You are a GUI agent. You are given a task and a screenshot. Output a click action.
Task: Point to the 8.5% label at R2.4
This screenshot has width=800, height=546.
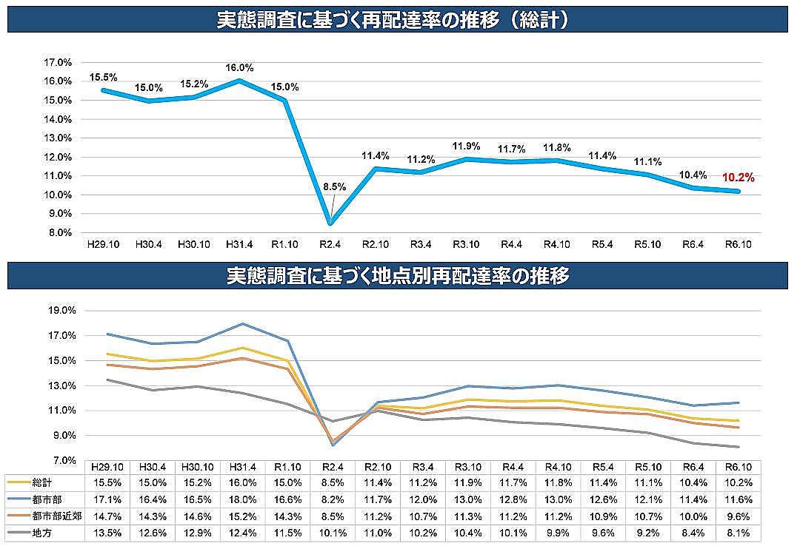tap(335, 187)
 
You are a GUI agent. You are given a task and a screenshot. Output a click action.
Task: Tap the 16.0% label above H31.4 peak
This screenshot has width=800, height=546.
tap(239, 67)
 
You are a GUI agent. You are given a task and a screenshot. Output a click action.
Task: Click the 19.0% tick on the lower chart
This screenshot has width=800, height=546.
tap(63, 311)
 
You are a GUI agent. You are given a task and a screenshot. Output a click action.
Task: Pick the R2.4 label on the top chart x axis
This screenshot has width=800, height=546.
tap(330, 243)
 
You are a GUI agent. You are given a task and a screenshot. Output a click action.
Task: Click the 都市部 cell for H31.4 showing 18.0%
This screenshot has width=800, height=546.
tap(241, 499)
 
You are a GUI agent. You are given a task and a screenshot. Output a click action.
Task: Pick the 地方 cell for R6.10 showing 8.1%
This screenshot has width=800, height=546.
tap(739, 532)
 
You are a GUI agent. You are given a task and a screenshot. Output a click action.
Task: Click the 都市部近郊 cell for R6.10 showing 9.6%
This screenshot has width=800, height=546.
tap(739, 516)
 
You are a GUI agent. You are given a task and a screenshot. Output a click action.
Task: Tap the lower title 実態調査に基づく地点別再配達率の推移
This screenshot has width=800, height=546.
tap(398, 277)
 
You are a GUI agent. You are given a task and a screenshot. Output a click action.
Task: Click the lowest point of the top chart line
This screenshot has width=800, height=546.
tap(330, 223)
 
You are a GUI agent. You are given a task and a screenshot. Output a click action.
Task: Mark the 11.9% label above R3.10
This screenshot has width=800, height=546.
tap(467, 146)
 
